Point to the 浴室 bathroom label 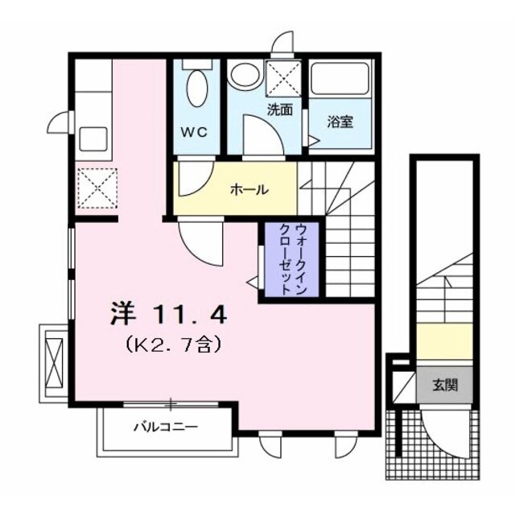(x=340, y=123)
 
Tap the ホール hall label (x=249, y=190)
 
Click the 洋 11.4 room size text (x=168, y=313)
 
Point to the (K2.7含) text (x=171, y=345)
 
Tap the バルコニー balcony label (x=165, y=427)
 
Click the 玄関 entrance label (x=445, y=385)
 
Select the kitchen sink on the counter (x=94, y=138)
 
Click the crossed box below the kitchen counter (x=96, y=187)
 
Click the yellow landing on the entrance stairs (x=444, y=341)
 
